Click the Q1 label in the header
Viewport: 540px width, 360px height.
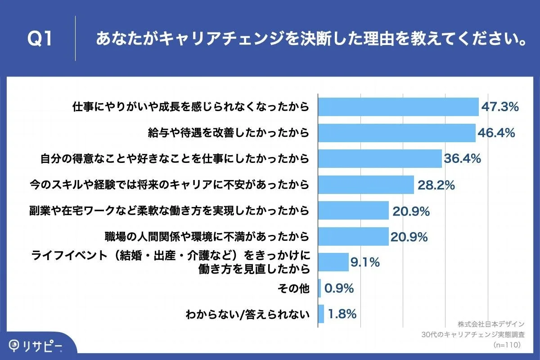(x=40, y=39)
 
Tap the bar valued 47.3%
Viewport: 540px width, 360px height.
(x=398, y=107)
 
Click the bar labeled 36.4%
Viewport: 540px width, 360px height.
(x=380, y=159)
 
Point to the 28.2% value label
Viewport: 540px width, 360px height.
(x=436, y=184)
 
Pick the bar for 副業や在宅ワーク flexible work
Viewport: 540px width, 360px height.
(x=353, y=210)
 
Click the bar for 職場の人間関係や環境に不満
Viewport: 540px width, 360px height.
(x=353, y=236)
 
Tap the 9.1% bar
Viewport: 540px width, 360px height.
(x=333, y=262)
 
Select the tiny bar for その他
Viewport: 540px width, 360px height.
(x=319, y=288)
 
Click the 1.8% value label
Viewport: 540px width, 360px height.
(x=342, y=314)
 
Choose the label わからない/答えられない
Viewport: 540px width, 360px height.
(x=248, y=314)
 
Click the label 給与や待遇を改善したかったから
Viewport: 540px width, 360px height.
(x=229, y=133)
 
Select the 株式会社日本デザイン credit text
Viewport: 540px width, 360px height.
(x=491, y=324)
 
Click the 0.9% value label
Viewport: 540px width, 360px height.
(x=339, y=288)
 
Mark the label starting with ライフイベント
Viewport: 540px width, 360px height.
(x=171, y=256)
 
